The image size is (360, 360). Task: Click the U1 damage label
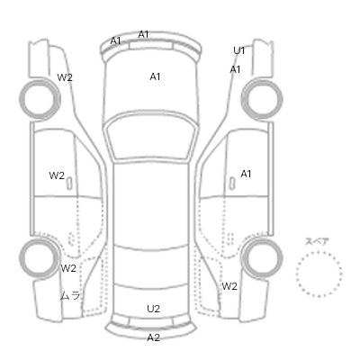click(x=239, y=50)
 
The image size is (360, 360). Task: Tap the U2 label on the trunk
click(x=153, y=309)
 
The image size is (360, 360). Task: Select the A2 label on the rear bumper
click(x=153, y=337)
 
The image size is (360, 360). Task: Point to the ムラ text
click(x=70, y=296)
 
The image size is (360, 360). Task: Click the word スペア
click(x=317, y=242)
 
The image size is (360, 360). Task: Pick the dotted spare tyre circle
click(x=319, y=253)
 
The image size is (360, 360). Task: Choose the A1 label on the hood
click(x=155, y=76)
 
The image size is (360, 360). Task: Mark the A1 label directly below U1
click(x=235, y=69)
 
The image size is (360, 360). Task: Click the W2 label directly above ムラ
click(x=68, y=268)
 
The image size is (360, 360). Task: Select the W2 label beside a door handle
click(x=57, y=175)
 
